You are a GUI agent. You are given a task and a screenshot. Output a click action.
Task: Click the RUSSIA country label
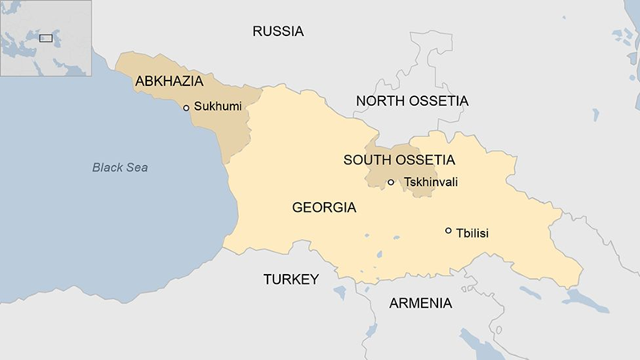click(278, 32)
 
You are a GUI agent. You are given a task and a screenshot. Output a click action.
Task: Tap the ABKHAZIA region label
click(169, 81)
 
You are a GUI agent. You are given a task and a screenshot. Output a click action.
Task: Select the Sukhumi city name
click(217, 107)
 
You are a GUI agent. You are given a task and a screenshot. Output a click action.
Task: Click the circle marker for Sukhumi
click(186, 107)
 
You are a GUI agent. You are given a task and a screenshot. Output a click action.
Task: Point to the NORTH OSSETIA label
click(411, 101)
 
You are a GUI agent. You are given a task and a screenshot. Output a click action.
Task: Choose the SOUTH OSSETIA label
click(399, 160)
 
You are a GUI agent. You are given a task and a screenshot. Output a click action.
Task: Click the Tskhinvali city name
click(431, 183)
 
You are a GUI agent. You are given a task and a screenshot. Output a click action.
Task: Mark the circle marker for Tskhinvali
click(391, 183)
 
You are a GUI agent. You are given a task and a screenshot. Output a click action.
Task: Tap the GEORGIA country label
click(324, 208)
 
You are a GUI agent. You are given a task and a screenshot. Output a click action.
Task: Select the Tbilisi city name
click(472, 233)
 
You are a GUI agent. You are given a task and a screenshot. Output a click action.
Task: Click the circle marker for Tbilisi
click(448, 231)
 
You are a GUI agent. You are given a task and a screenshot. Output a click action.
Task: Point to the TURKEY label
click(291, 279)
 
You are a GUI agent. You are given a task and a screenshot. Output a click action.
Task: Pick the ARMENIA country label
click(420, 303)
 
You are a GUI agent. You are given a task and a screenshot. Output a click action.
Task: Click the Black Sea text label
click(119, 168)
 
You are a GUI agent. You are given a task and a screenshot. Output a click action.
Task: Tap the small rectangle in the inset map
click(46, 37)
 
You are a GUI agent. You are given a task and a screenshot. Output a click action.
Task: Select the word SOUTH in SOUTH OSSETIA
click(366, 160)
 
